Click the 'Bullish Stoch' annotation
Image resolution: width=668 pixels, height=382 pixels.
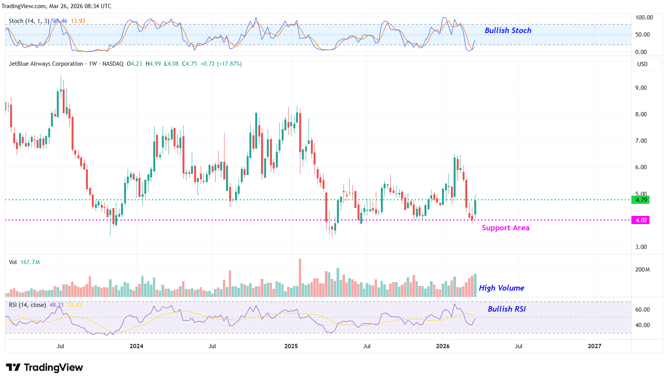pos(508,30)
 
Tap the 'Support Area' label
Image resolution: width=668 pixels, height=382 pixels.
pos(505,228)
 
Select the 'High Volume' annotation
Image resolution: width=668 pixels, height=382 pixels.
pos(501,288)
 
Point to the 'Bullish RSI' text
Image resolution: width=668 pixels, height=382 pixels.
pos(507,309)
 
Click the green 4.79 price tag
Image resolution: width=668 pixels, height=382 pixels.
pos(641,200)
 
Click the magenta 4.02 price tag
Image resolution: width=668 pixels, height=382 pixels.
pos(641,220)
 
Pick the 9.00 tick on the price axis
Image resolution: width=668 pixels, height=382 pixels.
pos(641,88)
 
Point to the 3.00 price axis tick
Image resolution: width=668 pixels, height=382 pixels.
pos(641,247)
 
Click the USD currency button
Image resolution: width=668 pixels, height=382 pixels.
pos(642,64)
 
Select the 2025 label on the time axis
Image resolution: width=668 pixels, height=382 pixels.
pos(291,346)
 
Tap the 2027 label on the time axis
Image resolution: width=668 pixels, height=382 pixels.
pos(594,346)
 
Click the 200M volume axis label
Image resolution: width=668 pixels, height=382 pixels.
pos(642,270)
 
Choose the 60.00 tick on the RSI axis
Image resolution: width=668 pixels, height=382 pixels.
pos(642,310)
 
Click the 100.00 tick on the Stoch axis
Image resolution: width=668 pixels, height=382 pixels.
pos(644,18)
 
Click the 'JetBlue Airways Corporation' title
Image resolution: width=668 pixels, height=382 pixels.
pos(46,64)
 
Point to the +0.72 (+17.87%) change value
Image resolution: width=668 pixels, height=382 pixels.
pos(221,64)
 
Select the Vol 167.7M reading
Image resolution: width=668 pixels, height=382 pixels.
pos(25,262)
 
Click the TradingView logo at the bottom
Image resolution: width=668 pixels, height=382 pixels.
pos(44,368)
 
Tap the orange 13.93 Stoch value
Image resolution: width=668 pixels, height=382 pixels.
pos(78,21)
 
